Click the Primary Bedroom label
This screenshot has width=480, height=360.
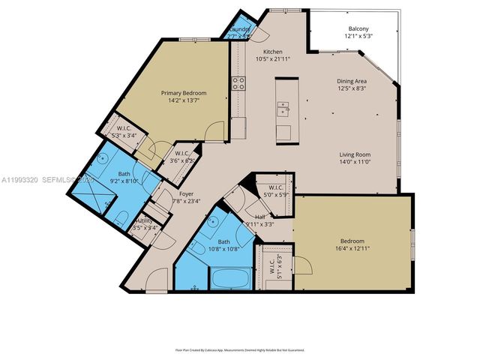(184, 93)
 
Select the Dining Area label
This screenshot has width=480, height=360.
(352, 80)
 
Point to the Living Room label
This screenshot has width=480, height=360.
(354, 154)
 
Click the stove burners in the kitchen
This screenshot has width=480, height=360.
(239, 83)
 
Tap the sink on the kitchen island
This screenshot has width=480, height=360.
(283, 112)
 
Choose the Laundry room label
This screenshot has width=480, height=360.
(240, 29)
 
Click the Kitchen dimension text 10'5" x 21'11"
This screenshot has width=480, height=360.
(272, 58)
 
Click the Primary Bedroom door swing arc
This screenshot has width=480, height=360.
(217, 130)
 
